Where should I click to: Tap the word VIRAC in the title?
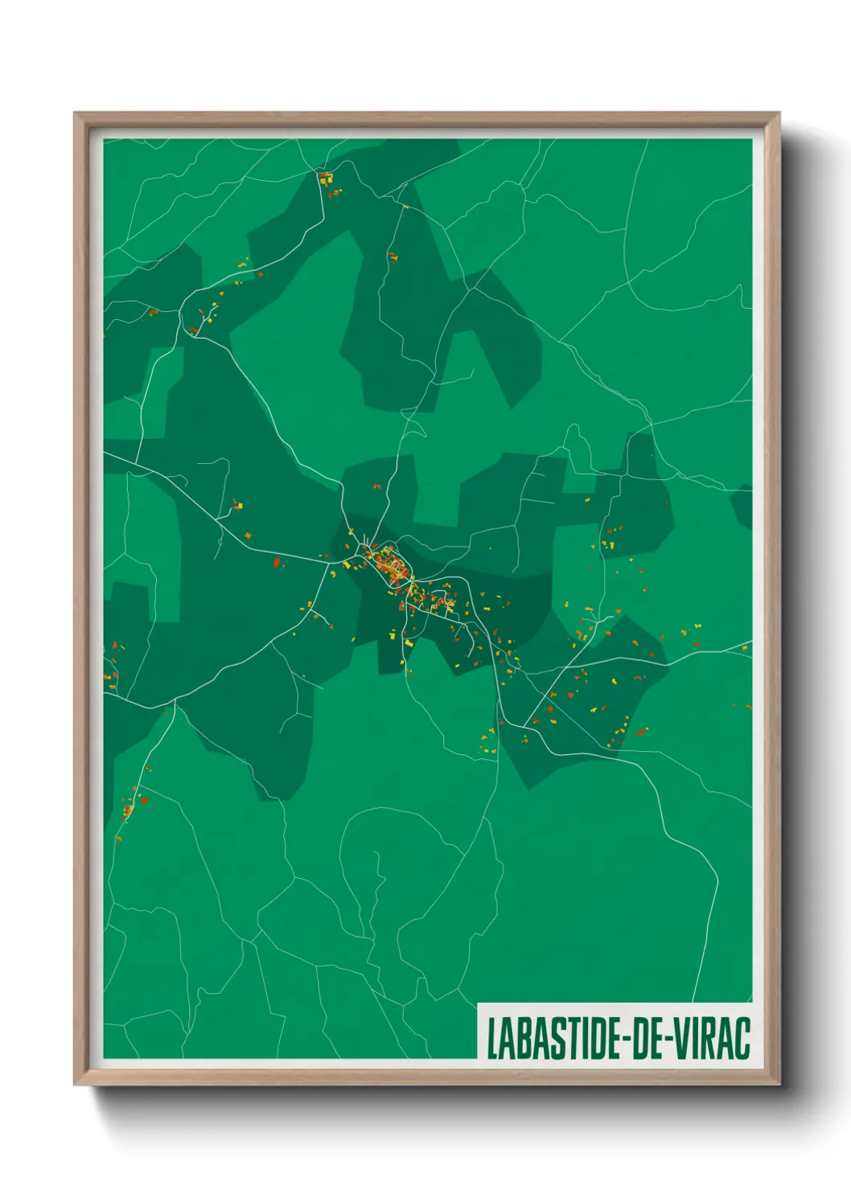click(711, 1038)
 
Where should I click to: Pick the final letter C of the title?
click(742, 1038)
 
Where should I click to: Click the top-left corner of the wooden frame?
click(76, 114)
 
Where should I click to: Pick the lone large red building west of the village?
click(277, 563)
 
